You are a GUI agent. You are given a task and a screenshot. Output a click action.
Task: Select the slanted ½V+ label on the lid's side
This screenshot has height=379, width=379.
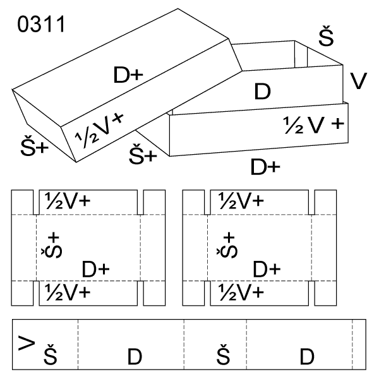click(x=100, y=129)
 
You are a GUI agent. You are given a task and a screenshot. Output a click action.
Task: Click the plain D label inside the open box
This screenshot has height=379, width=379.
click(x=262, y=92)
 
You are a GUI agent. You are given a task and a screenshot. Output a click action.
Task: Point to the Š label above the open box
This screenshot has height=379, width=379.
click(x=326, y=37)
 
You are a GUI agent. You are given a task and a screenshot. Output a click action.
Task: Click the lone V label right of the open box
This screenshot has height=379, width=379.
click(x=358, y=81)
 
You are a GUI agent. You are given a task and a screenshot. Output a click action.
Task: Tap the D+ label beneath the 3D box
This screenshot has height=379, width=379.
click(x=265, y=167)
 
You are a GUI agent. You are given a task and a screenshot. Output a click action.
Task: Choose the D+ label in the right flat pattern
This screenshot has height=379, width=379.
click(x=267, y=270)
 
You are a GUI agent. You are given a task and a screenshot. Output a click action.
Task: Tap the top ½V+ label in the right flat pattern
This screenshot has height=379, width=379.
click(x=241, y=201)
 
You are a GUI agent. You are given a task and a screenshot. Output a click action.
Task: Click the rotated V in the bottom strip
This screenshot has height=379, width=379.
click(x=26, y=343)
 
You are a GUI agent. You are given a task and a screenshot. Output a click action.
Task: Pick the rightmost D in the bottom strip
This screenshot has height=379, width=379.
click(x=307, y=357)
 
